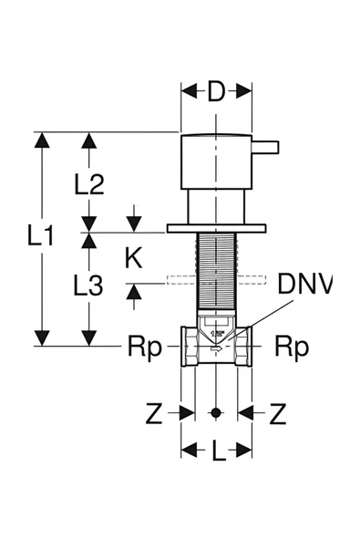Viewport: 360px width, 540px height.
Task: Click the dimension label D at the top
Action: pos(216,91)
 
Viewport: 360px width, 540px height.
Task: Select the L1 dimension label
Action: pos(40,238)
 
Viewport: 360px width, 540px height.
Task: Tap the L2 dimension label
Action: pos(88,185)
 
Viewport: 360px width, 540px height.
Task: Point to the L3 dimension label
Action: pos(87,286)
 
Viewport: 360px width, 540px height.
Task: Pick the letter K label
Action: pos(134,258)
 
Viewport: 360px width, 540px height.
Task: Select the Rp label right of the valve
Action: pos(293,347)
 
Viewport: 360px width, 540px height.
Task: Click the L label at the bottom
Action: pos(216,450)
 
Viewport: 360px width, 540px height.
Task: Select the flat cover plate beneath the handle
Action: pos(216,227)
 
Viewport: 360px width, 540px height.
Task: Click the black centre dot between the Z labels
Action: pos(216,412)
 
